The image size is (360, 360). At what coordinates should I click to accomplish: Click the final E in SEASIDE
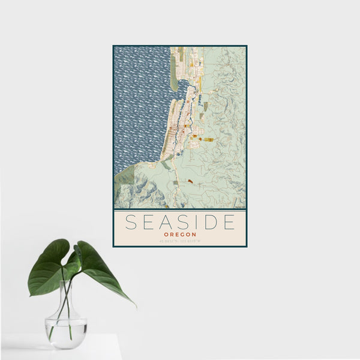click(228, 222)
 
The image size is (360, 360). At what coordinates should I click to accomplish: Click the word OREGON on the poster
click(179, 235)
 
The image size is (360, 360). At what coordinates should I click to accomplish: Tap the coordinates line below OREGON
click(179, 241)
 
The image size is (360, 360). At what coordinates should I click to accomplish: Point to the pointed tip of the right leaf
click(134, 305)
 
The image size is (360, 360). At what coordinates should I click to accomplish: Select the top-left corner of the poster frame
click(113, 46)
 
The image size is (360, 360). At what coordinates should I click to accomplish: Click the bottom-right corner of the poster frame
click(246, 246)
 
